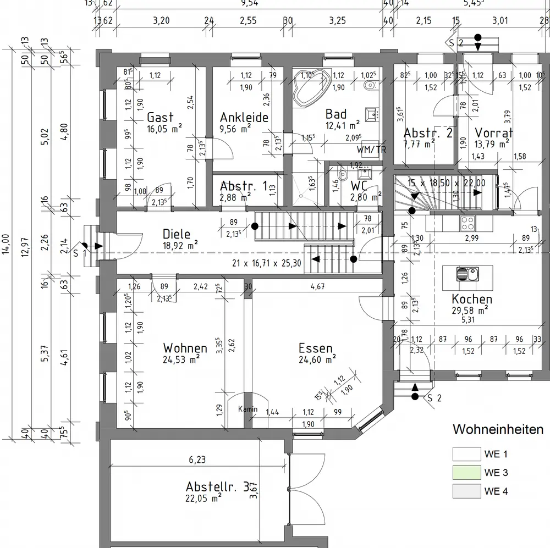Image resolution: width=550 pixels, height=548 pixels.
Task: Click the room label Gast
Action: (x=160, y=117)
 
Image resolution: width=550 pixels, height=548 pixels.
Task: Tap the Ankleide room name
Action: (x=244, y=117)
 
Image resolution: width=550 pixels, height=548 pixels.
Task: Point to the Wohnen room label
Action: (x=185, y=348)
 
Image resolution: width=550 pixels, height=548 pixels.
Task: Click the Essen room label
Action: (x=316, y=348)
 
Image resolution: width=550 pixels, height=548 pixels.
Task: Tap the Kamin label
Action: (x=248, y=409)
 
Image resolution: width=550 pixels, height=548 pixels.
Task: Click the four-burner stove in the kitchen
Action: (x=468, y=223)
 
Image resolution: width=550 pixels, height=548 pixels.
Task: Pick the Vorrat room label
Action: (x=494, y=132)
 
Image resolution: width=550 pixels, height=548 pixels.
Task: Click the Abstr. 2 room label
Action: (x=428, y=133)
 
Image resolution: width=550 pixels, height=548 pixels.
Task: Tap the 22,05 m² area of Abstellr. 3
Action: (x=203, y=498)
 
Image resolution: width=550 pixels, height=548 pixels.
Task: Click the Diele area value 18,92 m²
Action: (x=180, y=245)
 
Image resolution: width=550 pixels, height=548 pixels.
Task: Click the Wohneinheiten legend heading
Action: (x=498, y=429)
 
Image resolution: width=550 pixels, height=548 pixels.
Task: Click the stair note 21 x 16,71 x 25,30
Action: (x=266, y=263)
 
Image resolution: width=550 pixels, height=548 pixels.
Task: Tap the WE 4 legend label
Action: (x=496, y=491)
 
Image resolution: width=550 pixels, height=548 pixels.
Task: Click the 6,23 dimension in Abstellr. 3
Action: (x=197, y=460)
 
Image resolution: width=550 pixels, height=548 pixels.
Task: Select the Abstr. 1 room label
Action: (x=244, y=185)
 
